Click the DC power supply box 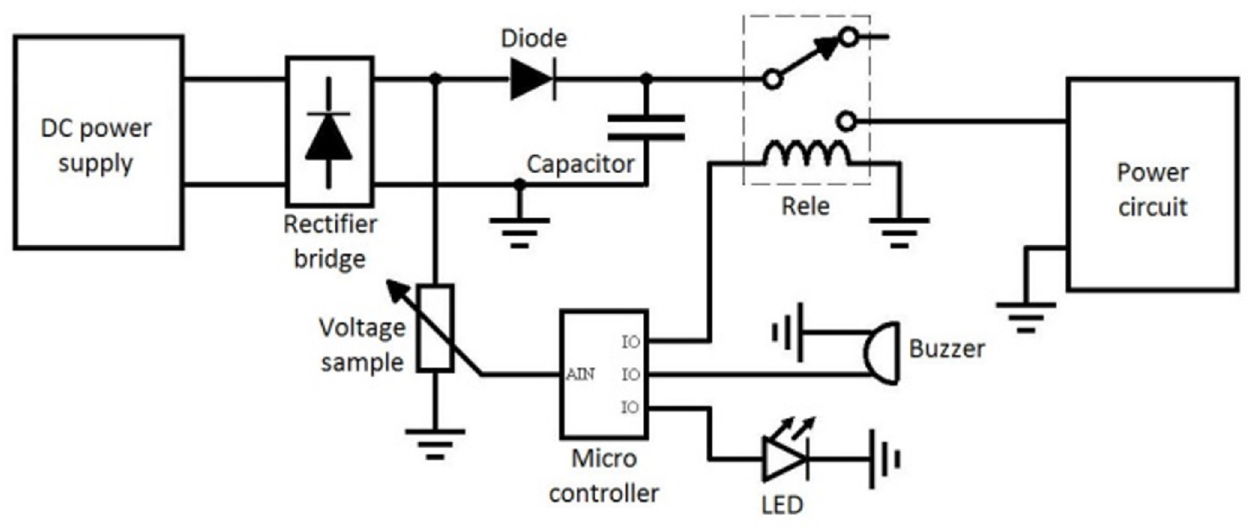[x=98, y=142]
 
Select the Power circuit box [x=1152, y=185]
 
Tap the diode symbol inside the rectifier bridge [x=329, y=137]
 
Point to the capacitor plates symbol [x=646, y=127]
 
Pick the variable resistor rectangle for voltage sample [x=436, y=328]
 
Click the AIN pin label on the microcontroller [x=581, y=374]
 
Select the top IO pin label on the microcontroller [x=631, y=342]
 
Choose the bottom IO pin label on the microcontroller [x=631, y=407]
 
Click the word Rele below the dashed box [x=805, y=206]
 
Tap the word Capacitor [x=581, y=164]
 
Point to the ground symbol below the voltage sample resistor [x=435, y=442]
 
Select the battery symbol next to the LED [x=884, y=459]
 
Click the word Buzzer [x=947, y=348]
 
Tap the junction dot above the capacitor [x=647, y=79]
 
